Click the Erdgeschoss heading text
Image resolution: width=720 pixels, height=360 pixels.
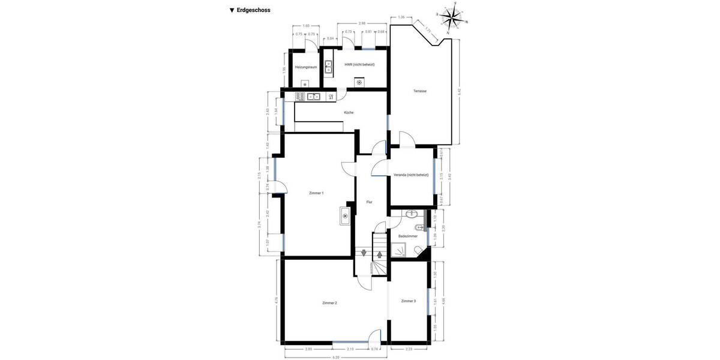[253, 10]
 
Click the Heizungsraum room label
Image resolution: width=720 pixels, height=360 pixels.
[306, 67]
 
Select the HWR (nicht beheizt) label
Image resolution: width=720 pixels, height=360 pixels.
[359, 64]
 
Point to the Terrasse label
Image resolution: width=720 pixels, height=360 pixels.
[420, 91]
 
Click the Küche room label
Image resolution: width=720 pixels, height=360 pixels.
[349, 112]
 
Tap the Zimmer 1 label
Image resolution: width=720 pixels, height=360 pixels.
[316, 193]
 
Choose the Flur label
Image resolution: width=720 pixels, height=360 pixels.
[370, 202]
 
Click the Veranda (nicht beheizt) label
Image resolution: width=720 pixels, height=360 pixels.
[411, 175]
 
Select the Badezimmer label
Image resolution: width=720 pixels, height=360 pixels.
[408, 236]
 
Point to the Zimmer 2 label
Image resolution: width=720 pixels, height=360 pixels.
[329, 302]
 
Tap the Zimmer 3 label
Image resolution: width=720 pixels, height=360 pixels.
[409, 301]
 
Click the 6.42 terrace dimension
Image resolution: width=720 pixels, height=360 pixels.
[460, 92]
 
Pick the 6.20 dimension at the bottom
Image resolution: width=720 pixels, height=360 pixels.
[336, 357]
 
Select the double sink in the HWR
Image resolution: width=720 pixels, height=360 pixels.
[328, 66]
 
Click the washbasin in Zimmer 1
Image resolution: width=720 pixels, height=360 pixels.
[345, 215]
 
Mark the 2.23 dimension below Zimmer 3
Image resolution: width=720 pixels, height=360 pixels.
[409, 349]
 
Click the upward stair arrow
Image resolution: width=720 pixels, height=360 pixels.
[379, 254]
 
